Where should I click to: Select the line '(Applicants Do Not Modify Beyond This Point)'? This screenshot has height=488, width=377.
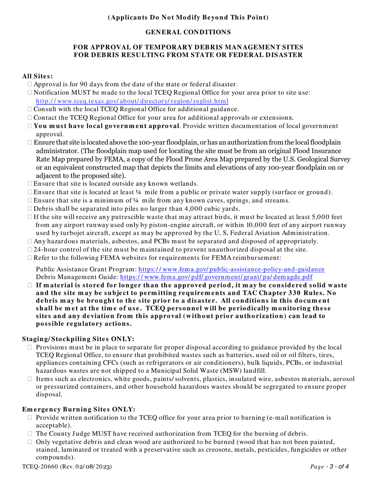(188, 17)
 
